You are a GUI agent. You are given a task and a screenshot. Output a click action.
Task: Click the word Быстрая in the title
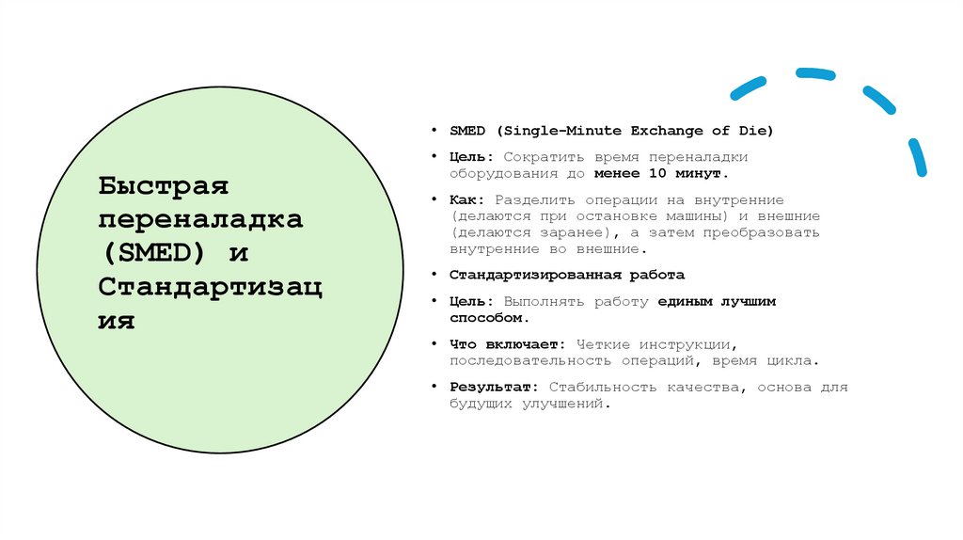pyautogui.click(x=164, y=185)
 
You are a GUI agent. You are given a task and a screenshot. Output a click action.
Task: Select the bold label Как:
pyautogui.click(x=466, y=200)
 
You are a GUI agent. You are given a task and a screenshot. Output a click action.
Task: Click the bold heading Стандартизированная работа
pyautogui.click(x=566, y=276)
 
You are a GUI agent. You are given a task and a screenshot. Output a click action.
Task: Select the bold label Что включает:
pyautogui.click(x=505, y=345)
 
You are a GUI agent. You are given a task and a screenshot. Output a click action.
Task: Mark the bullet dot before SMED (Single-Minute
pyautogui.click(x=434, y=130)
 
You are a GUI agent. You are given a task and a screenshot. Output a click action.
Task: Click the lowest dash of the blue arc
pyautogui.click(x=917, y=157)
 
